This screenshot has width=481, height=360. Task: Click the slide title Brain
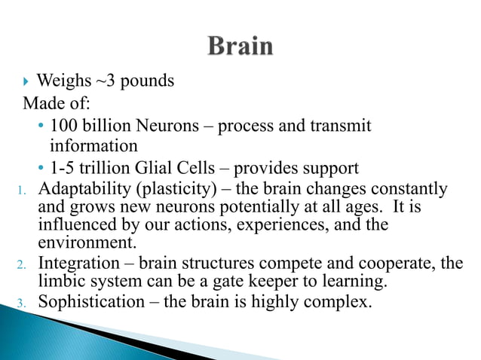pos(240,47)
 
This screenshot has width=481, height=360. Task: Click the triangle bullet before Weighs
pos(27,81)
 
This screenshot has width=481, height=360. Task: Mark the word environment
pos(84,243)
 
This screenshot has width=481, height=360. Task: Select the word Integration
pos(78,264)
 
